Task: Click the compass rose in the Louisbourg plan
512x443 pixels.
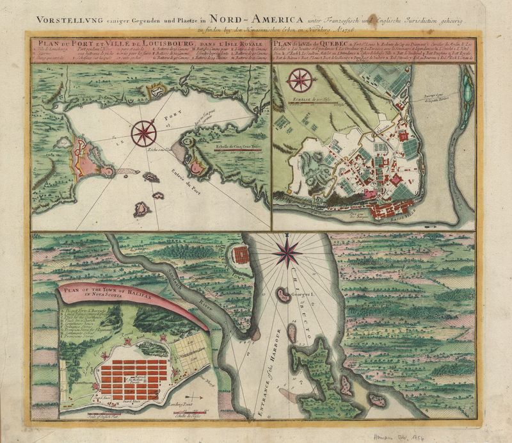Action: (143, 133)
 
